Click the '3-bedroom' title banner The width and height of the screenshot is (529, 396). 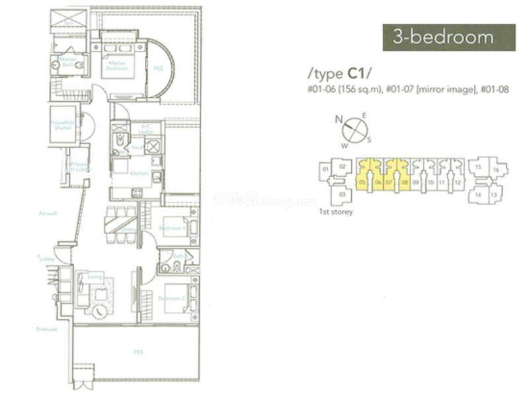pos(449,38)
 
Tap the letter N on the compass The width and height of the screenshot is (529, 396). pos(339,120)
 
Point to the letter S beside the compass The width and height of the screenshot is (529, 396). pos(369,139)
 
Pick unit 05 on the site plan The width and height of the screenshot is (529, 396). pos(362,181)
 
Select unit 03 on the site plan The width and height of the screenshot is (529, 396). pos(343,194)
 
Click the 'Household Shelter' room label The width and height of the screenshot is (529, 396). pos(62,125)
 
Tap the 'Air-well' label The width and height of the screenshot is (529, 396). pos(46,213)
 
